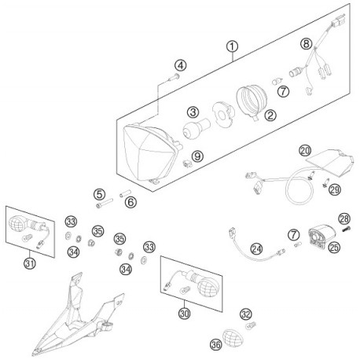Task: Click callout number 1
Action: [232, 46]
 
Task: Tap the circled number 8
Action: [307, 44]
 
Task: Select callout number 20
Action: [305, 151]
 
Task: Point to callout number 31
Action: [30, 263]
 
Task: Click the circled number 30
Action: [184, 313]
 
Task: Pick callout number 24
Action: [256, 248]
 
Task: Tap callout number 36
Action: [216, 344]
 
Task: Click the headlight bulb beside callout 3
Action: [197, 128]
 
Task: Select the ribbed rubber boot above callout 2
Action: [252, 101]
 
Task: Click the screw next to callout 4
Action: [173, 78]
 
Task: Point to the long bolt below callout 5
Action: [105, 204]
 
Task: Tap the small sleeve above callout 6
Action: [125, 193]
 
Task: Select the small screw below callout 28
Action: [346, 230]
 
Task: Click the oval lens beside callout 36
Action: [233, 338]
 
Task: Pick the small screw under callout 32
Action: [251, 325]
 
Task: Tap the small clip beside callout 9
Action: [187, 164]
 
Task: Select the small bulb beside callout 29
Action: [325, 182]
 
